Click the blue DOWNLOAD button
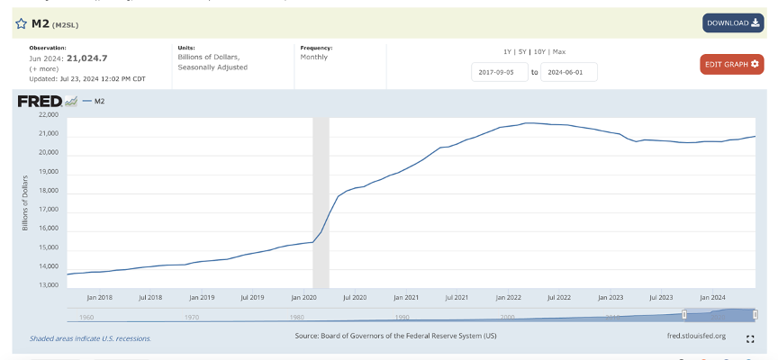pos(733,23)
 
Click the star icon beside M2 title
pos(21,23)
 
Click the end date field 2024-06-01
pos(568,72)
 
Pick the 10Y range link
pos(540,51)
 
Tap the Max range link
pos(559,51)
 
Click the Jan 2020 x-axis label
pos(302,297)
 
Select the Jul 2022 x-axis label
pos(558,297)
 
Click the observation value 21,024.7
pos(86,58)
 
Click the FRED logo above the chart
pos(40,101)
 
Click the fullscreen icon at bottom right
pos(750,339)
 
